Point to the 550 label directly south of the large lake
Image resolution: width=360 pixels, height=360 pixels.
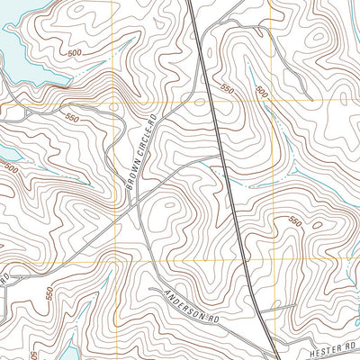71,117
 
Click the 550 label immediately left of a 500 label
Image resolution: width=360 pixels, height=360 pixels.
226,90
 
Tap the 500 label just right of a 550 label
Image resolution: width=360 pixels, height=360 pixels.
261,91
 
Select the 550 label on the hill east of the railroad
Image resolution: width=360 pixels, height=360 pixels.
294,220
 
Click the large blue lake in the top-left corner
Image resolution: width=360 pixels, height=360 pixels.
22,45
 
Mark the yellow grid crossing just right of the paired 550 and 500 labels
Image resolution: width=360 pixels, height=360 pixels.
271,103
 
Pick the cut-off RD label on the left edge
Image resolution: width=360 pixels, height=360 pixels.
4,277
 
